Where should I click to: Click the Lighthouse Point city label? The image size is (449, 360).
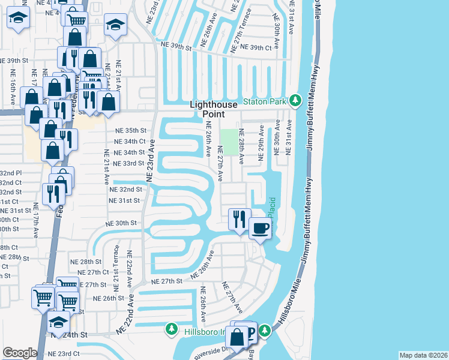215,109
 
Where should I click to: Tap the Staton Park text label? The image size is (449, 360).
265,101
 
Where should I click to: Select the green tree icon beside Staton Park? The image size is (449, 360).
295,100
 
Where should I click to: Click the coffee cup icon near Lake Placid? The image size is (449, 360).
260,229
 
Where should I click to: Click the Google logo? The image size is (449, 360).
19,353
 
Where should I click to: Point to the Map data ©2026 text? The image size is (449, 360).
423,355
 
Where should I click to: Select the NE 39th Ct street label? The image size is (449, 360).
256,47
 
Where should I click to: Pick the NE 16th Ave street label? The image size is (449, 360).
13,85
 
